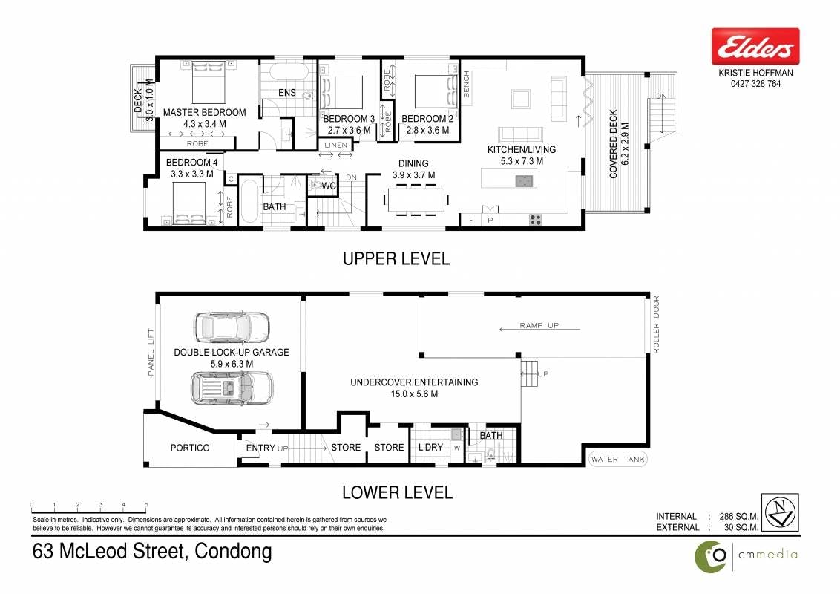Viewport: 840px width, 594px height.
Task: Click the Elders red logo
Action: pos(755,47)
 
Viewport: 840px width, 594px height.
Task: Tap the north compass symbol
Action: pos(780,512)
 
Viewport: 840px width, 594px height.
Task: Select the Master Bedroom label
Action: pos(205,113)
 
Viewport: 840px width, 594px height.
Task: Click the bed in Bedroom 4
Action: pos(189,203)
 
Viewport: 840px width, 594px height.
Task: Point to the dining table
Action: pos(416,200)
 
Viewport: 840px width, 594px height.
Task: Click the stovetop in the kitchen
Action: pos(535,219)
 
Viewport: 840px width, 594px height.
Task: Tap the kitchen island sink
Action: pos(524,181)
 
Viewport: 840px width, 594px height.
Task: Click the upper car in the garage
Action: pos(232,327)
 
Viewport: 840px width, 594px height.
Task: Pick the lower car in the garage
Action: pos(232,387)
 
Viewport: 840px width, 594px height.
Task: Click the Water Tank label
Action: pos(618,460)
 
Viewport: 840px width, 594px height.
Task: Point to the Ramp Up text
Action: pos(539,325)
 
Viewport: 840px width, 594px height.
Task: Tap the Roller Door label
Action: pos(656,325)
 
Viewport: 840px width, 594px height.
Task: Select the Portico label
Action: pos(190,448)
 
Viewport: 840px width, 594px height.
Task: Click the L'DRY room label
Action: pos(430,447)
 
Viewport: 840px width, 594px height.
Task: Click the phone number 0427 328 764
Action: pos(755,84)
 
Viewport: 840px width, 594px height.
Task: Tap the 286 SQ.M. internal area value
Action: pos(739,516)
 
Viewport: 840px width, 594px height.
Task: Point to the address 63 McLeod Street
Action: pos(109,551)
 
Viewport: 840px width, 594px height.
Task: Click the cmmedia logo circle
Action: pos(711,556)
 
